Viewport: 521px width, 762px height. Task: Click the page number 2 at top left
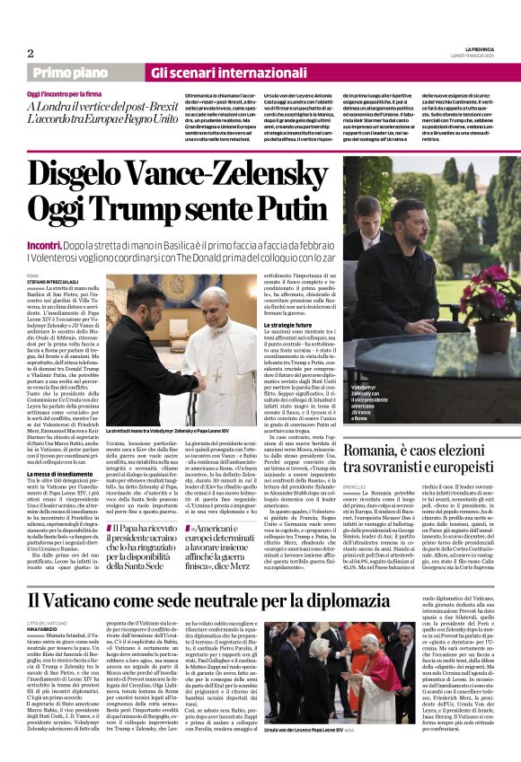pyautogui.click(x=31, y=53)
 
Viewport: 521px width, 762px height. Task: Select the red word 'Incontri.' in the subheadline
pyautogui.click(x=44, y=245)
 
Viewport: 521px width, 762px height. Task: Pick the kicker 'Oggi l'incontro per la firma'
pyautogui.click(x=67, y=93)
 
